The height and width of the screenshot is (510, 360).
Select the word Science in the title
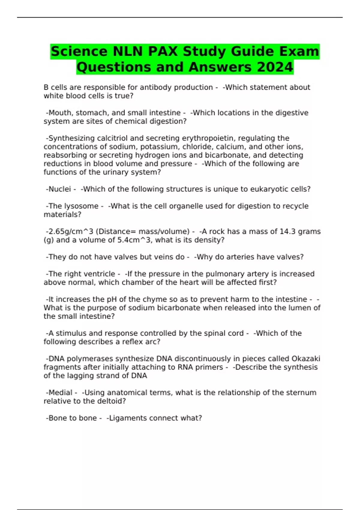tap(79, 51)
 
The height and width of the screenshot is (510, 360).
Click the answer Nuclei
tap(60, 189)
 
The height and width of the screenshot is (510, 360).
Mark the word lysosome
tap(81, 206)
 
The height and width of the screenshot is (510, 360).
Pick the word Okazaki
tap(306, 359)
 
